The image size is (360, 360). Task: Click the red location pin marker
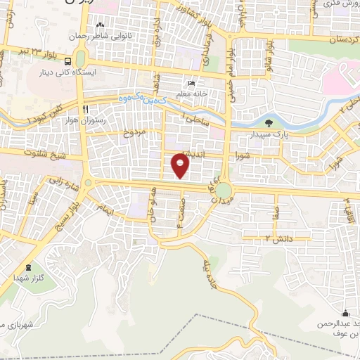[181, 166]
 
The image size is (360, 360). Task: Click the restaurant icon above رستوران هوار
[85, 109]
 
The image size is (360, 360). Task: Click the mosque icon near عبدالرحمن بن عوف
[345, 314]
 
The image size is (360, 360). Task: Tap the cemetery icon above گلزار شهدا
[28, 267]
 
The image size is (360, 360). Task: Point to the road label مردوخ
[134, 131]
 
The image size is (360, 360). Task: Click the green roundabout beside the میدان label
[224, 190]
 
